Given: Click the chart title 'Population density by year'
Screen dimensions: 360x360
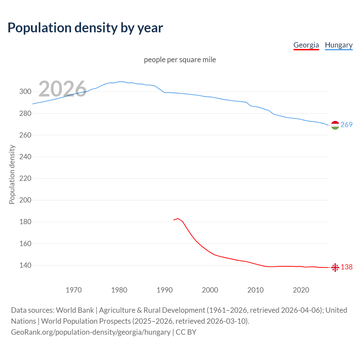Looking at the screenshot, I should point(85,28).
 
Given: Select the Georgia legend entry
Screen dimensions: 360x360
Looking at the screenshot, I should point(306,45).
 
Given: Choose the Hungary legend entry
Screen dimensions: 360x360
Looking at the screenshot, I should point(339,45).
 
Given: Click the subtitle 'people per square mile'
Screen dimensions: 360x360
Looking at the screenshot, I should point(180,60).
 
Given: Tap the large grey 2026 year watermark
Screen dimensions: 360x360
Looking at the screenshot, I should point(62,89).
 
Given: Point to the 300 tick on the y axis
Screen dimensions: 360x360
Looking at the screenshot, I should point(25,92).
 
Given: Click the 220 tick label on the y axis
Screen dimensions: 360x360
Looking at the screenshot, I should point(25,178).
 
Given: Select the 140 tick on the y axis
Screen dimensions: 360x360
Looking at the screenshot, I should point(25,265).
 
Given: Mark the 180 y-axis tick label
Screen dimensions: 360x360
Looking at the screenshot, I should point(25,222).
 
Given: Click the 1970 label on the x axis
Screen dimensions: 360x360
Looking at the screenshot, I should point(74,290).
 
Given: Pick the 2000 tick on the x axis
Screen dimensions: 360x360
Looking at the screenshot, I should point(210,290).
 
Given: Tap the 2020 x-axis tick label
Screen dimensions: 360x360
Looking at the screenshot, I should point(301,290).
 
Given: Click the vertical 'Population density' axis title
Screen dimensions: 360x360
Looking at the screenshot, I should point(12,174).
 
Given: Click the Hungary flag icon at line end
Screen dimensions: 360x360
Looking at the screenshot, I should point(335,125).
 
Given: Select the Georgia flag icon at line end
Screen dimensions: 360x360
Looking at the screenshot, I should point(335,267).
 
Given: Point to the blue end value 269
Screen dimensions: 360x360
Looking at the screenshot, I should point(346,125).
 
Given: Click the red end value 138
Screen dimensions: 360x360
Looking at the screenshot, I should point(346,267).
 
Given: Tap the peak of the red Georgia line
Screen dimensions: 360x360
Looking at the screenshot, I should point(178,219).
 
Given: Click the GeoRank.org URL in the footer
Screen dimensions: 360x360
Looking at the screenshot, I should point(91,332).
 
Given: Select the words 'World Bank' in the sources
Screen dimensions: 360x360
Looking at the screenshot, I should point(75,310).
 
